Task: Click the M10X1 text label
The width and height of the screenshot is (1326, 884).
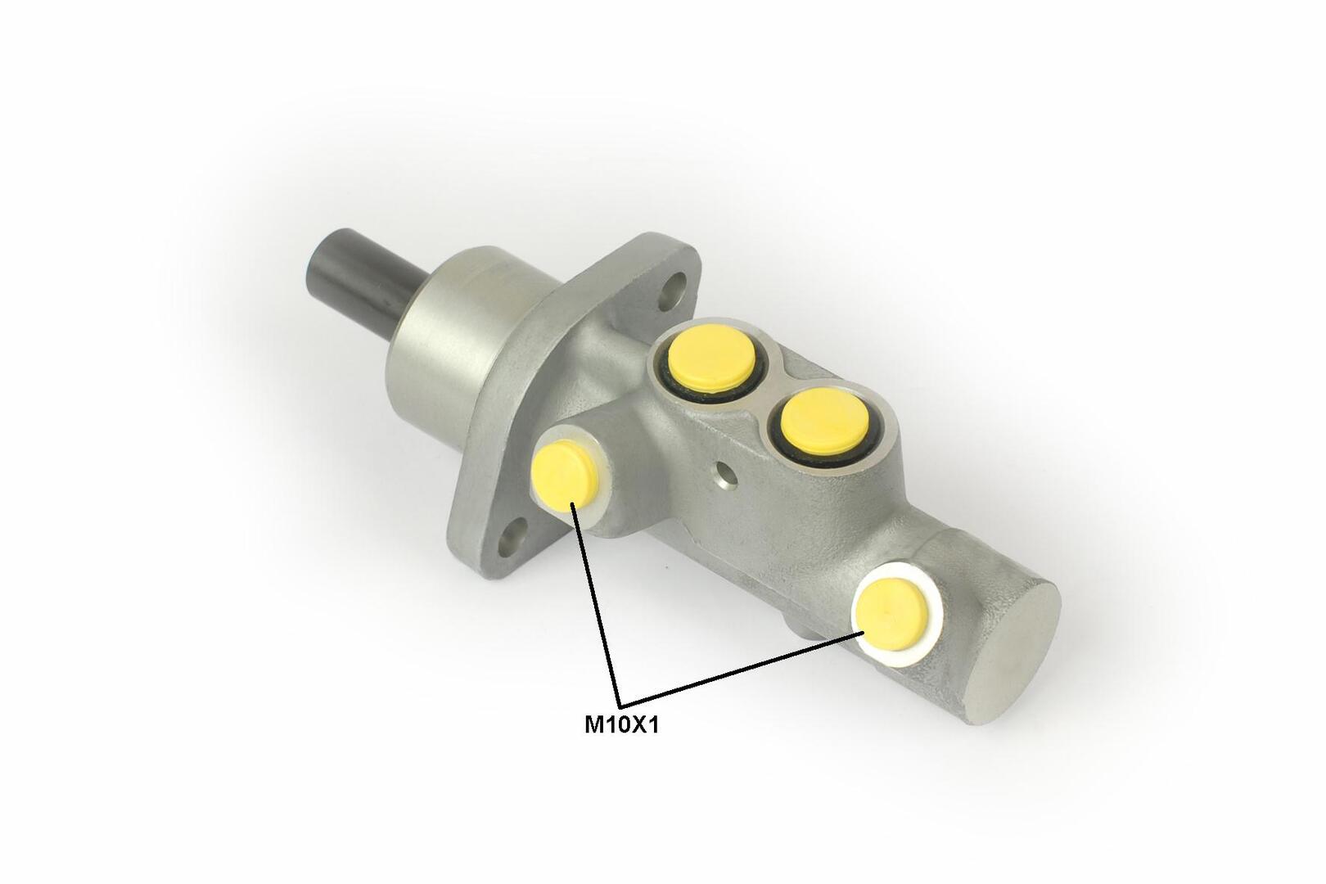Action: [621, 725]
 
